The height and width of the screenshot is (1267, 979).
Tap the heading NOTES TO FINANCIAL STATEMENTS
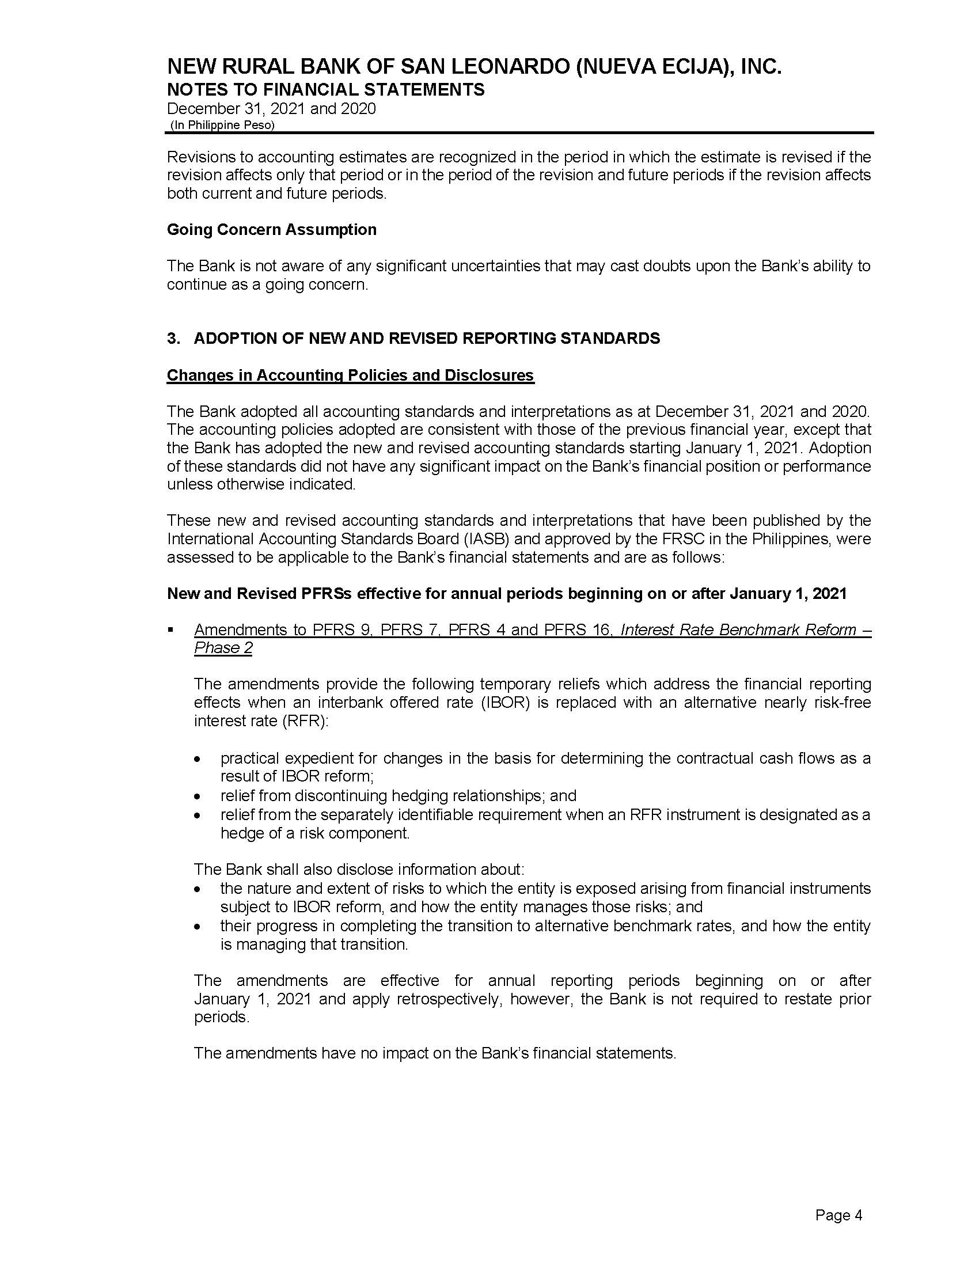click(x=325, y=89)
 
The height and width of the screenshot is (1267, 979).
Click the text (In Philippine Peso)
click(x=222, y=126)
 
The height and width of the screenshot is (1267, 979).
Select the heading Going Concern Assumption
click(x=271, y=230)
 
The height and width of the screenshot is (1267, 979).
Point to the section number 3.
click(x=173, y=338)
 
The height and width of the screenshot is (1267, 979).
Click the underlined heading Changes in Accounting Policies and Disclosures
click(x=350, y=375)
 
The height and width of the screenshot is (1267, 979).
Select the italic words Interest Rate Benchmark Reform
click(x=738, y=629)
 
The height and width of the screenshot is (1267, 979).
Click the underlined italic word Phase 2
click(x=223, y=648)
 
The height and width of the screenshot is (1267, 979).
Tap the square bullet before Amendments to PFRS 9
click(x=170, y=629)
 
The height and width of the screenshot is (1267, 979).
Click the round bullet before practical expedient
click(x=198, y=760)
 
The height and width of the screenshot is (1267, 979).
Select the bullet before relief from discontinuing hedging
click(x=198, y=796)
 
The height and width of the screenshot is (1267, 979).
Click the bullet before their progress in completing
click(x=198, y=927)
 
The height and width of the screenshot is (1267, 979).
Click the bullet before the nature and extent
click(x=198, y=889)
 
